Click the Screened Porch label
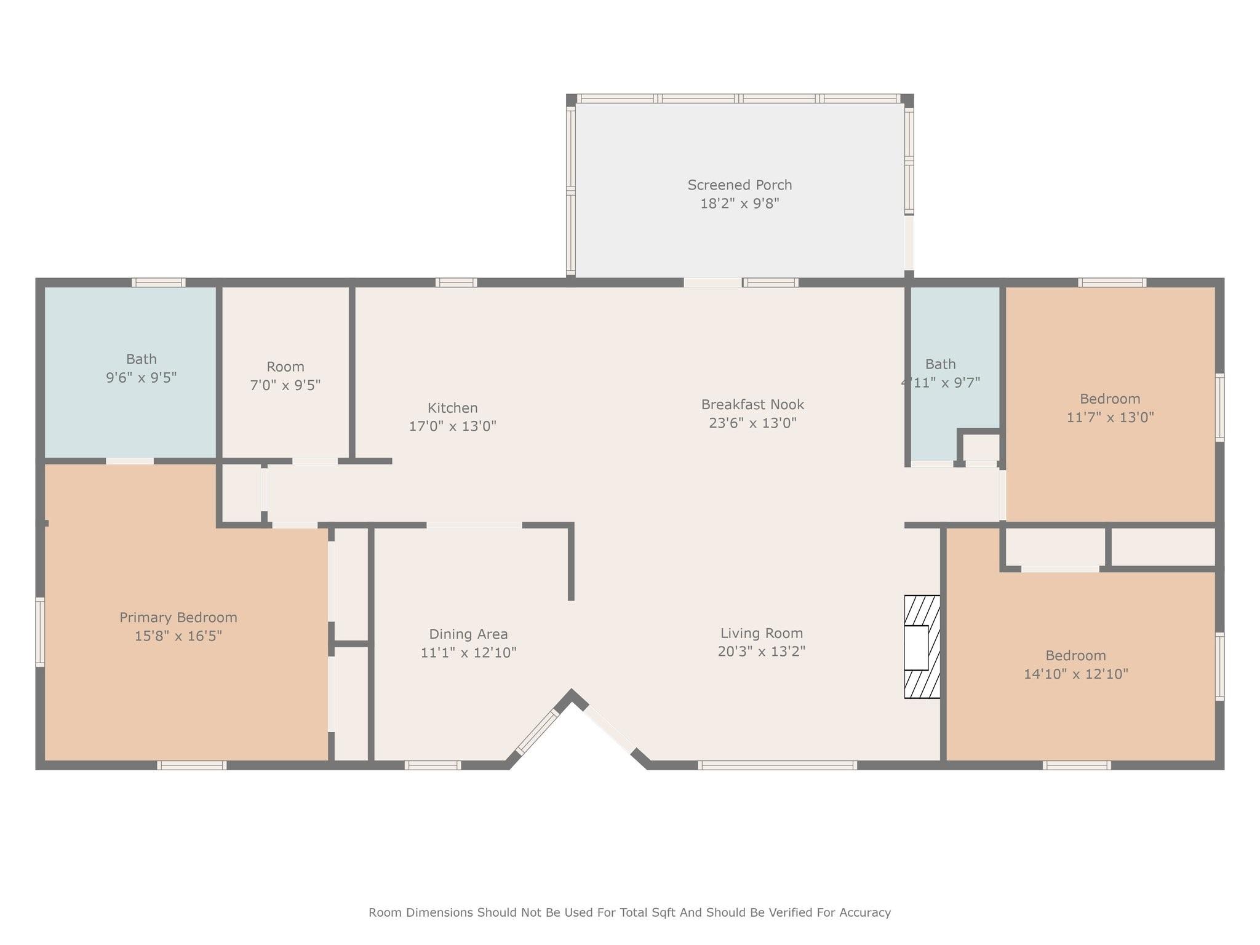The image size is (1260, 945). pos(740,185)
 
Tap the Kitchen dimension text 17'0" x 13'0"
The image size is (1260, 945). pos(453,426)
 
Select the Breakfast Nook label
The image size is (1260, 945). pos(752,405)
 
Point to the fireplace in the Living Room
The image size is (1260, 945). pos(922,647)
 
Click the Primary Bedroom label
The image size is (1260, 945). pos(178,617)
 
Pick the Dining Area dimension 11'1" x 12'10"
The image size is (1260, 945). pos(468,652)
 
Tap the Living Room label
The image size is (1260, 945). pos(762,633)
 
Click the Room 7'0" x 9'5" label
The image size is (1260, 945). pos(285,376)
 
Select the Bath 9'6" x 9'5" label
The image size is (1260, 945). pos(142,368)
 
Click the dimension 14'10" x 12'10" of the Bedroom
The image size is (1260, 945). pos(1076,674)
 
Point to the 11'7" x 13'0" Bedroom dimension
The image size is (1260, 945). pos(1110,417)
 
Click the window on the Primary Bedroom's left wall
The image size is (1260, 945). pos(41,632)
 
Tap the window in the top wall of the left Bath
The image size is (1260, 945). pos(159,282)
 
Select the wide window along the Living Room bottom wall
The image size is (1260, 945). pos(778,765)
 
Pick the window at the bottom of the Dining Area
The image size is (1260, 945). pos(433,765)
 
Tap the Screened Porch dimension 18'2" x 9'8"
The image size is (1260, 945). pos(740,204)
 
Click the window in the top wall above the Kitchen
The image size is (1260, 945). pos(457,282)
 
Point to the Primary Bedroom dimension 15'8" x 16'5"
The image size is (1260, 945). pos(178,636)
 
